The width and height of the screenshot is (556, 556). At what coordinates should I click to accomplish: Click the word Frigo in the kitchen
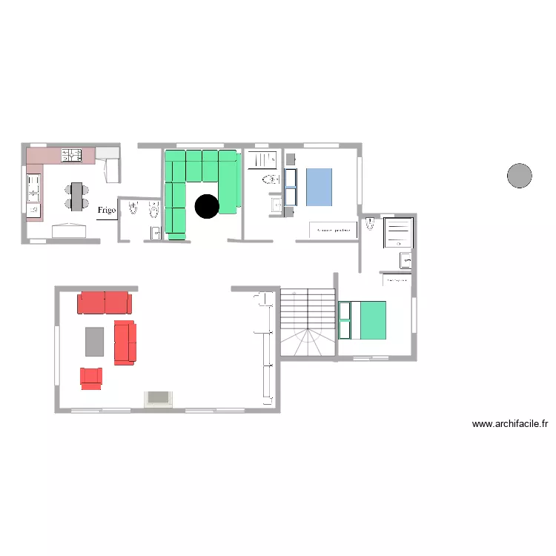(x=106, y=211)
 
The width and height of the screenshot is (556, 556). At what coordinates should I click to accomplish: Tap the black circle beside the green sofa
(x=207, y=206)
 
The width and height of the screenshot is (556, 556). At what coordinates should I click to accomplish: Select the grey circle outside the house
(x=519, y=176)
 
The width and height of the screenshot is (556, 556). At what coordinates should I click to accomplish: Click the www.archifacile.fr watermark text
(x=510, y=425)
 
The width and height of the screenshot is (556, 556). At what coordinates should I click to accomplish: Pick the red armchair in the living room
(x=90, y=378)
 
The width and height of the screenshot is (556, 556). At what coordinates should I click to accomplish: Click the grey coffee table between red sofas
(x=95, y=341)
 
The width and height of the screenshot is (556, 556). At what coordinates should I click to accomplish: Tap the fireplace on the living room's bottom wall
(x=159, y=400)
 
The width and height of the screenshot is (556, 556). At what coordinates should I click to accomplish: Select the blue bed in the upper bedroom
(x=319, y=187)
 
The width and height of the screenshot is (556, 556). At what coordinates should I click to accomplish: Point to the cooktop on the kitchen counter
(x=71, y=155)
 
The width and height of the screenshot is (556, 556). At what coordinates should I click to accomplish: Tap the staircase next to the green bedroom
(x=306, y=322)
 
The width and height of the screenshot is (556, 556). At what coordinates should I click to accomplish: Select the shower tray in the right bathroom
(x=397, y=232)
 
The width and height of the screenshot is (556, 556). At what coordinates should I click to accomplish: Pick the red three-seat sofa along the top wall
(x=105, y=302)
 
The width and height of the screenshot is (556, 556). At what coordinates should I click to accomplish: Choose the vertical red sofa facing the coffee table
(x=125, y=342)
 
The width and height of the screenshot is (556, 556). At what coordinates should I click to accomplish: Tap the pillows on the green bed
(x=345, y=320)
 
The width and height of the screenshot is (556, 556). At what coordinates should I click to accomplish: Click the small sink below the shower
(x=406, y=259)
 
